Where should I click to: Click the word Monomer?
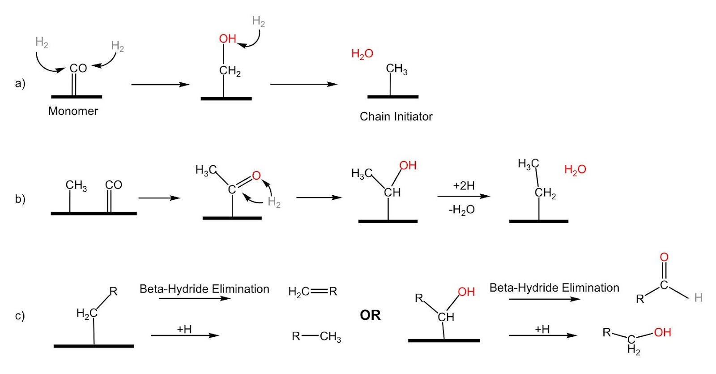(73, 111)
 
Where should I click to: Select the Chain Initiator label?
(396, 116)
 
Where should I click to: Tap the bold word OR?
(370, 315)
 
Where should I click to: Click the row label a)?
(20, 83)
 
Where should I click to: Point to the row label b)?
(20, 199)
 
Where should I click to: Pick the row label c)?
(20, 316)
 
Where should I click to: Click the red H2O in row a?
(362, 54)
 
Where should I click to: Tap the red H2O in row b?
(575, 170)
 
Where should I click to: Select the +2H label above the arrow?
(464, 186)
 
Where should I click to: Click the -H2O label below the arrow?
(462, 210)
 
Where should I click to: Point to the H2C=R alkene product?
(312, 292)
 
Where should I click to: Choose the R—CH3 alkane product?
(316, 336)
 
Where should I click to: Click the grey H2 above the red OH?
(258, 21)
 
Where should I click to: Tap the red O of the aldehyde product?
(664, 257)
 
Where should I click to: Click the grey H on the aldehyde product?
(698, 298)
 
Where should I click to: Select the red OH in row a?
(227, 39)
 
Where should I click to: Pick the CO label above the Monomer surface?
(78, 69)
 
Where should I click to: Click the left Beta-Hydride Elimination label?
(204, 289)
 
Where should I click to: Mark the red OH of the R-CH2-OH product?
(662, 332)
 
